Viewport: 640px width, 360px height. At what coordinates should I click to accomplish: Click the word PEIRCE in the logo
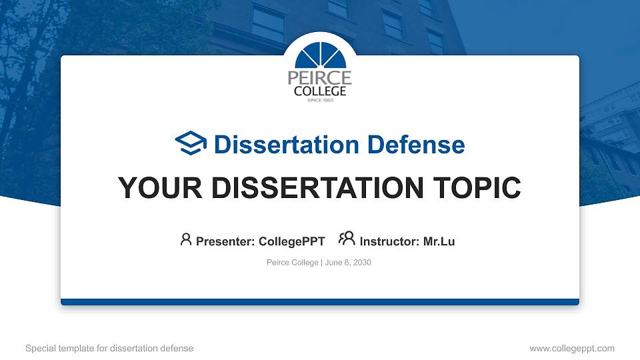pyautogui.click(x=319, y=78)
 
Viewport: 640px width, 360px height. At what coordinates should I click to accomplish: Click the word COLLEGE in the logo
pyautogui.click(x=320, y=91)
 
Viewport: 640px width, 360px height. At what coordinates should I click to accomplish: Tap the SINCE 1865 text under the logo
pyautogui.click(x=320, y=101)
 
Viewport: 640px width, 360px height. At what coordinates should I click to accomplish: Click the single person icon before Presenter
pyautogui.click(x=186, y=240)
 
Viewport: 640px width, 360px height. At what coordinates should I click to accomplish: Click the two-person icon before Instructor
pyautogui.click(x=347, y=240)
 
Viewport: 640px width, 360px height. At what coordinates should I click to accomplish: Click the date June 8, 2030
pyautogui.click(x=348, y=263)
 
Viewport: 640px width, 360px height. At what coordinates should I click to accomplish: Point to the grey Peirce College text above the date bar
pyautogui.click(x=292, y=263)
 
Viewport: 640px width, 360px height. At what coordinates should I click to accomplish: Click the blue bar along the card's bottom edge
pyautogui.click(x=320, y=302)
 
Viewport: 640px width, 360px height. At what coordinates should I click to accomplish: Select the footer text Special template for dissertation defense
pyautogui.click(x=109, y=348)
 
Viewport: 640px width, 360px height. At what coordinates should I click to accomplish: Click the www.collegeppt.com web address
pyautogui.click(x=572, y=348)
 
